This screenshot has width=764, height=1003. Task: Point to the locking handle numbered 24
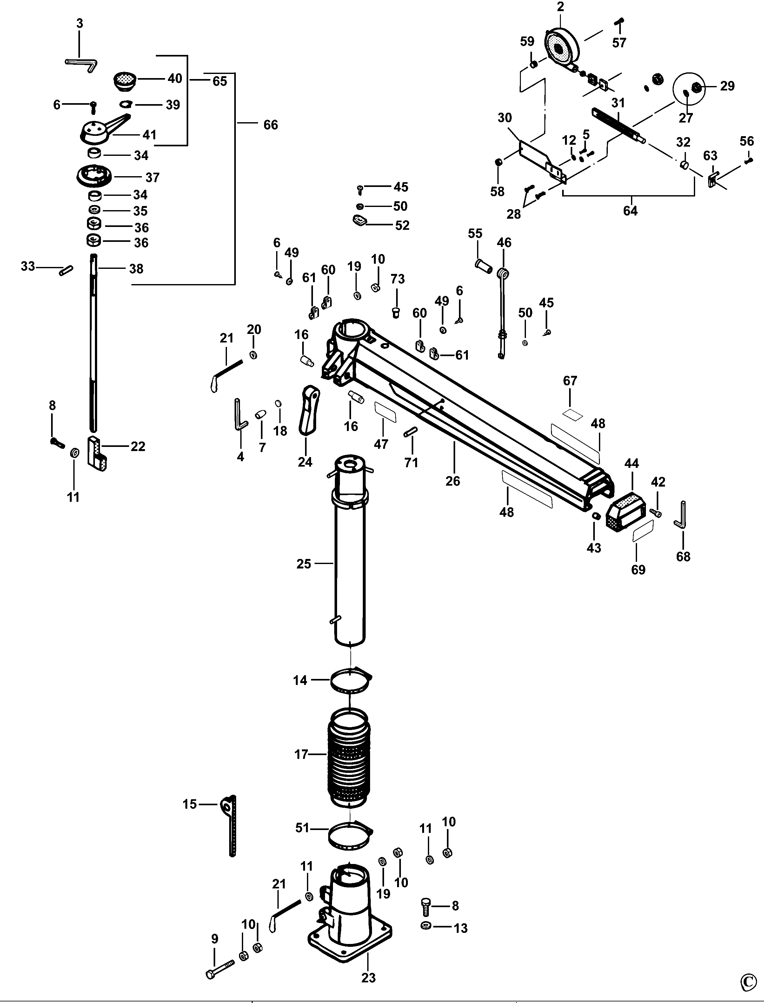[308, 409]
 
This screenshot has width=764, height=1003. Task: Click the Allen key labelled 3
[82, 64]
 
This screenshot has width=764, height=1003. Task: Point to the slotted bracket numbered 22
[97, 453]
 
